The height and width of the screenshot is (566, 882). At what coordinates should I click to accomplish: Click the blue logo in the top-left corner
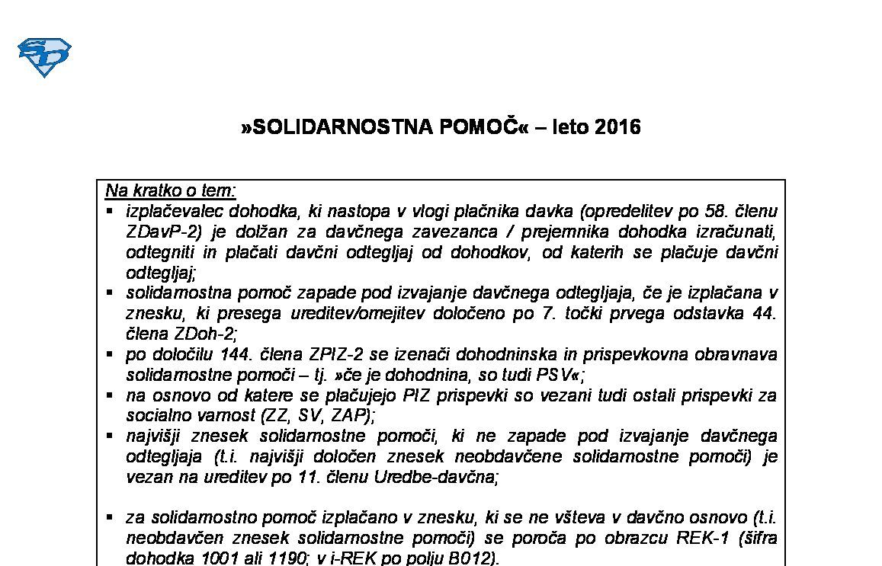tap(44, 58)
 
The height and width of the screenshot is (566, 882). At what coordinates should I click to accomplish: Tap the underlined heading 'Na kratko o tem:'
tap(171, 190)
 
